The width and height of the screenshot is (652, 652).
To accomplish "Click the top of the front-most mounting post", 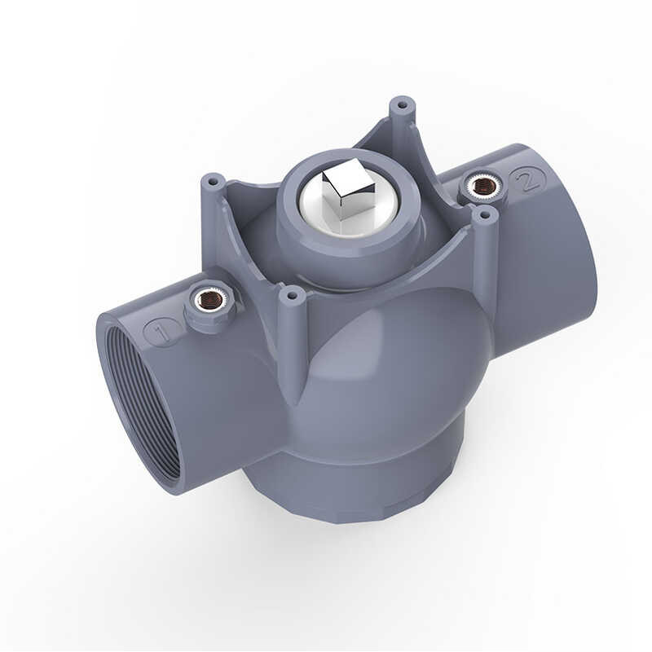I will (x=290, y=293).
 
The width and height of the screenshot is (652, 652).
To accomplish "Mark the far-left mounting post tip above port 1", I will (x=211, y=178).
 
